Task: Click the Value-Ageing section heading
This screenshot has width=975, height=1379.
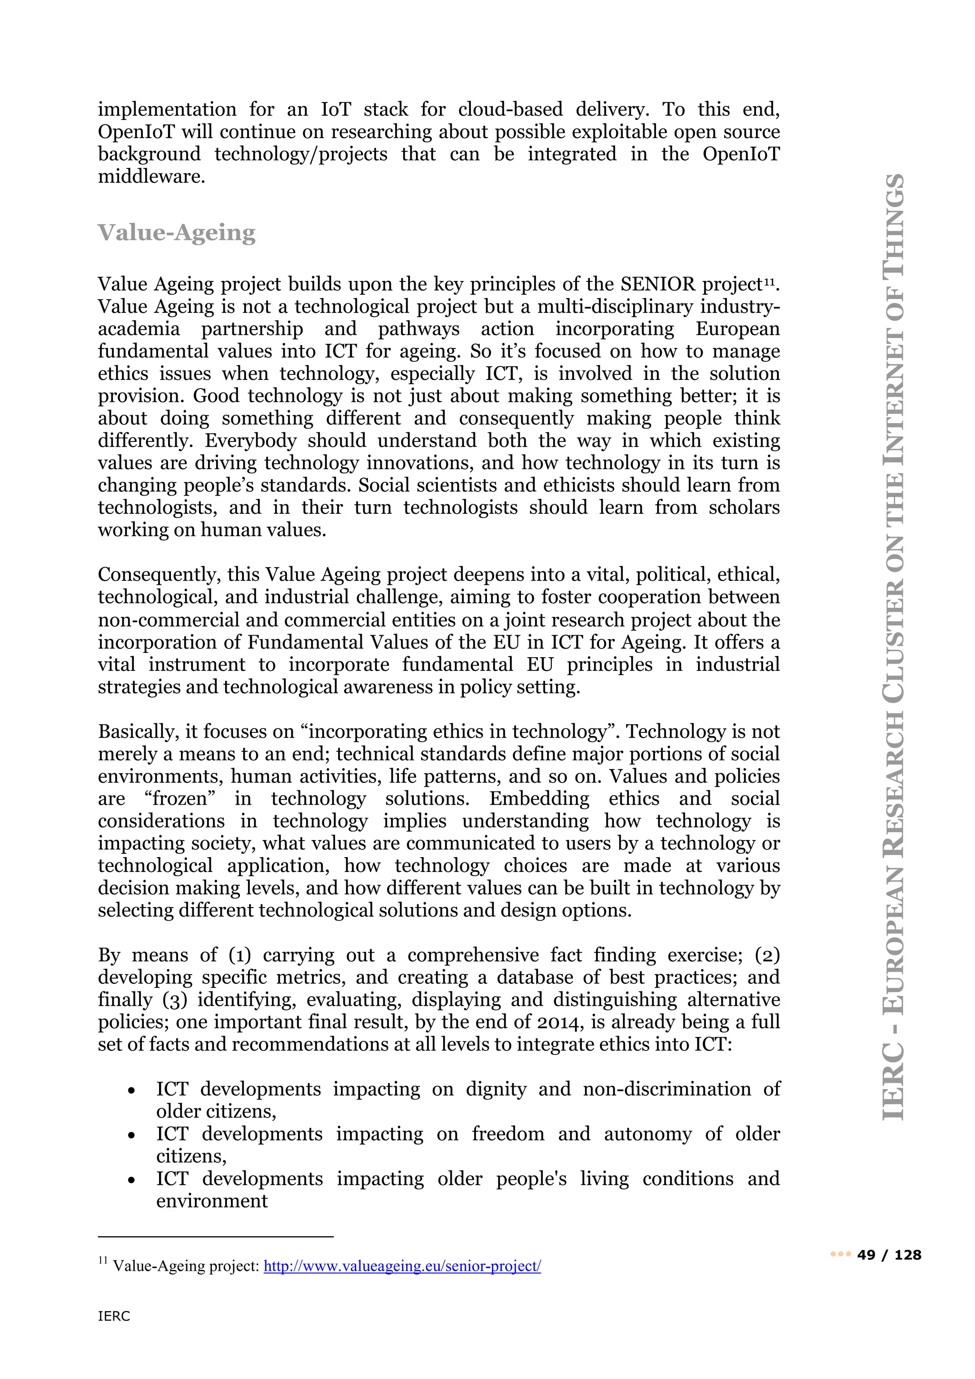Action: coord(177,233)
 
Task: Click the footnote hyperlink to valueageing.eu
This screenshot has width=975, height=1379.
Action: coord(402,1266)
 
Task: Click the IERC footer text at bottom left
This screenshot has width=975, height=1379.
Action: coord(114,1316)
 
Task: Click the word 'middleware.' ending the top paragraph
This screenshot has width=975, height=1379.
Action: coord(152,177)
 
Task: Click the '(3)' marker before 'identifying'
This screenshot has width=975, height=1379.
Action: coord(175,999)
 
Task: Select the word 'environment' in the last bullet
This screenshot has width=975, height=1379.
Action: coord(212,1201)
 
